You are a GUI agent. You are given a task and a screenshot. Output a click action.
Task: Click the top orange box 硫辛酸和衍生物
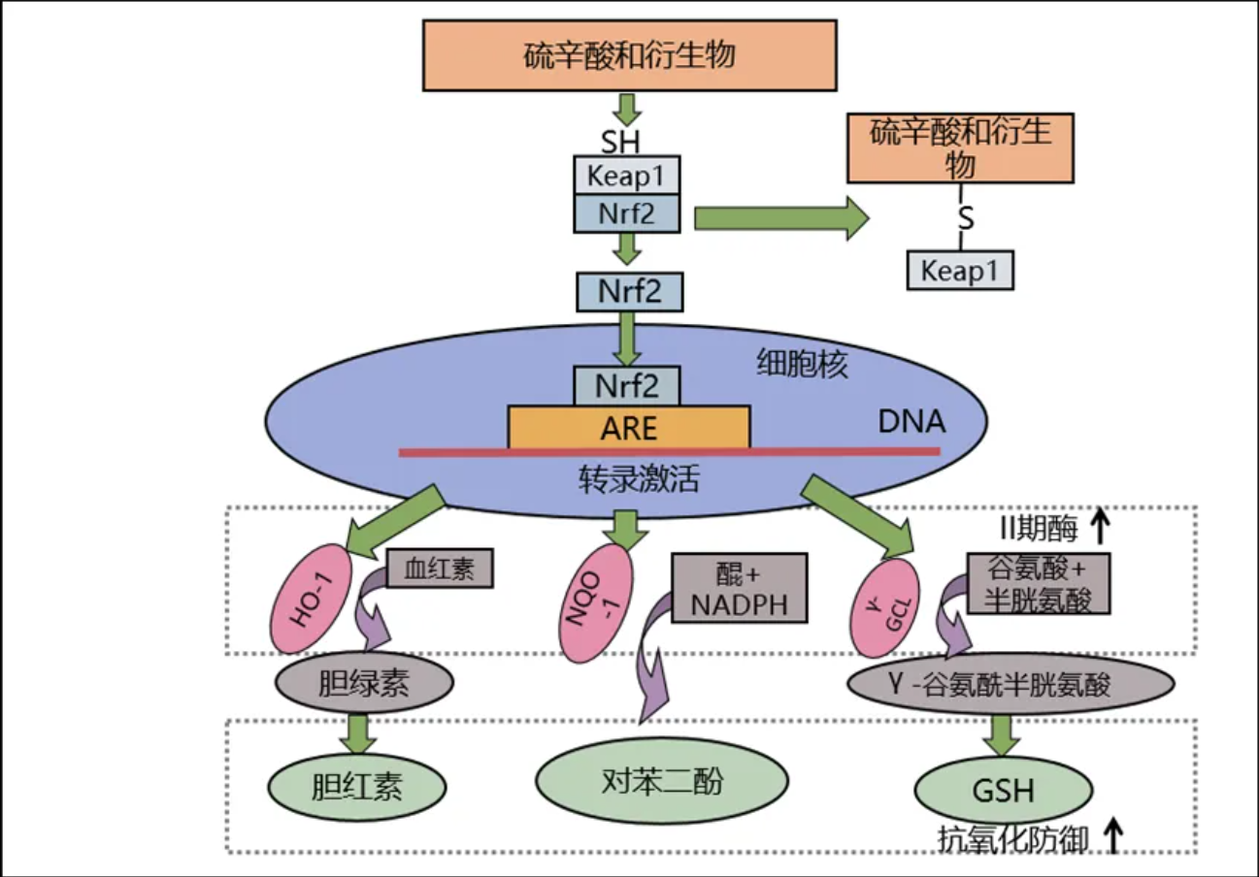click(629, 54)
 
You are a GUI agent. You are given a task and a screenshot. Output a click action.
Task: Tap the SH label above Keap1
click(621, 143)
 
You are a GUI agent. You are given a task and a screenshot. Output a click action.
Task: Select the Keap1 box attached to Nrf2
click(627, 177)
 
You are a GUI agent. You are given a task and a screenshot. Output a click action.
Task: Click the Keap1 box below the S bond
click(960, 270)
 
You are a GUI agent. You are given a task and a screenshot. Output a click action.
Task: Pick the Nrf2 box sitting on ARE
click(627, 386)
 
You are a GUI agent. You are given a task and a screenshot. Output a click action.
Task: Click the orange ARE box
click(628, 427)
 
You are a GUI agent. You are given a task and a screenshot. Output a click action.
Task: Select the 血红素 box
click(440, 568)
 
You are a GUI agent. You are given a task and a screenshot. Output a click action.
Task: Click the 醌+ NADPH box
click(739, 589)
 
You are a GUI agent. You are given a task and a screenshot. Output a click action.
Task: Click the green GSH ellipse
click(1003, 790)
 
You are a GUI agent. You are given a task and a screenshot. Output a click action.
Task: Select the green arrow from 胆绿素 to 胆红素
click(360, 734)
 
